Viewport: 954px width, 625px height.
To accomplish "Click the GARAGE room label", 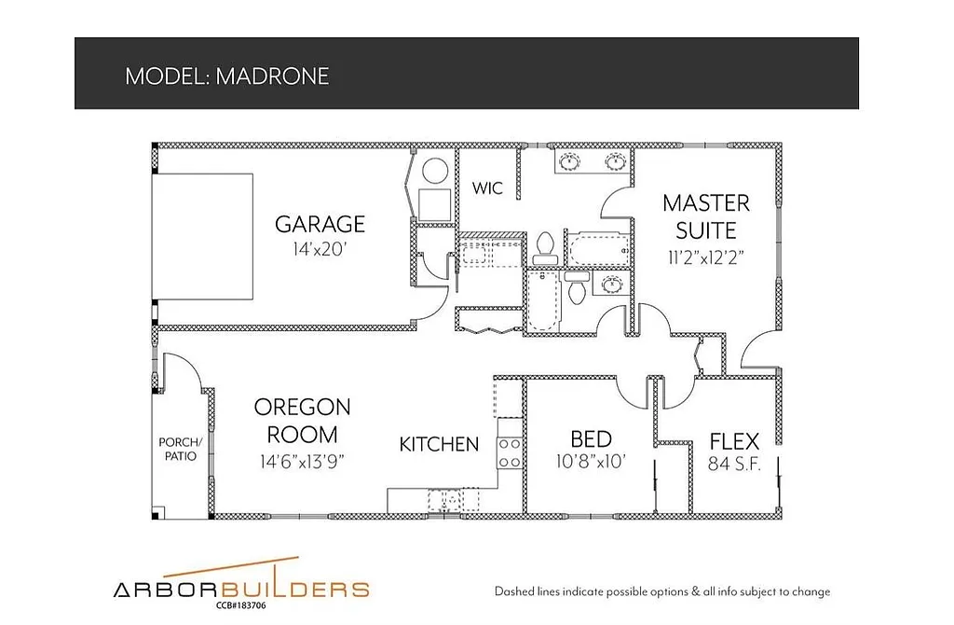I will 320,224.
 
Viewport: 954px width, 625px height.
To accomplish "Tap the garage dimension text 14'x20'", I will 320,249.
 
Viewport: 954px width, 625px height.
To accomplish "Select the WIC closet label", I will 487,188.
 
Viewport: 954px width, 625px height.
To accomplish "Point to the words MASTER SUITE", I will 705,216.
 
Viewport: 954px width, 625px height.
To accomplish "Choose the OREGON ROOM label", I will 302,421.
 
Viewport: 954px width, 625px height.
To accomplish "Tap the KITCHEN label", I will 439,445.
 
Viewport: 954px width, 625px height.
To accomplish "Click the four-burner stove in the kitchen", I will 510,452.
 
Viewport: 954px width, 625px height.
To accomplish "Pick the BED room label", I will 591,439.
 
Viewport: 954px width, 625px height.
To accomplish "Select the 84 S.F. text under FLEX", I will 734,464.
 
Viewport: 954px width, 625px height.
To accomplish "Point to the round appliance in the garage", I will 435,172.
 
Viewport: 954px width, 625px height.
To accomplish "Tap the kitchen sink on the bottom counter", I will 444,501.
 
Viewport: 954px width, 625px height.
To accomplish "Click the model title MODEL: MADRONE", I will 226,76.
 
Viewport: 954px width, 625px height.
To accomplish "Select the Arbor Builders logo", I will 241,587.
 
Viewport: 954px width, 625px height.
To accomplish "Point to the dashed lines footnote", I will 661,591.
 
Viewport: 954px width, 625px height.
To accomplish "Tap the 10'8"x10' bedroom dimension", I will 591,462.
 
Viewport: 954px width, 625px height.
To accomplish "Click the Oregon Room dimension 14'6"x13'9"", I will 302,461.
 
